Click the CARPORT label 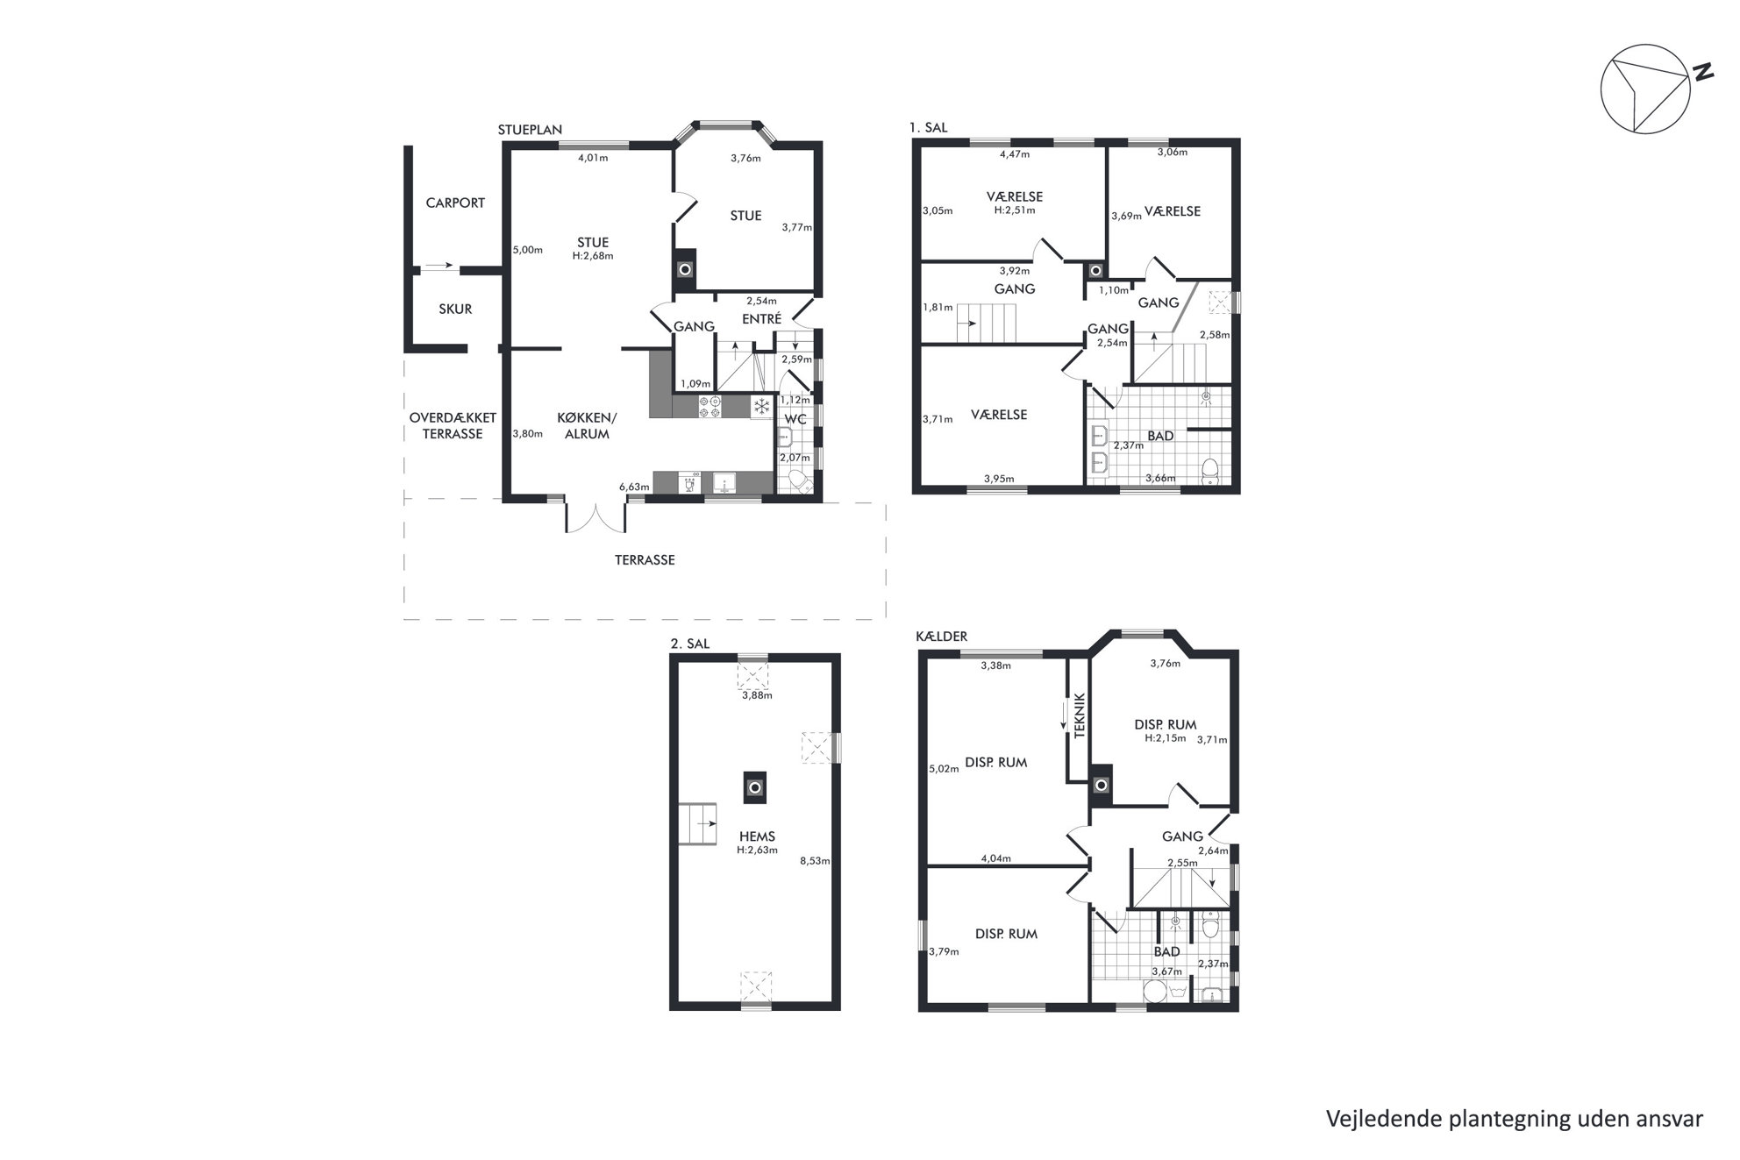pyautogui.click(x=455, y=203)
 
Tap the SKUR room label pyautogui.click(x=455, y=309)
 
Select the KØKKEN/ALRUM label pyautogui.click(x=587, y=425)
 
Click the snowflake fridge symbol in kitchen pyautogui.click(x=762, y=406)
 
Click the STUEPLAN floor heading pyautogui.click(x=530, y=130)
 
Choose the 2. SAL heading pyautogui.click(x=689, y=644)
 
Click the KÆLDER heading pyautogui.click(x=941, y=636)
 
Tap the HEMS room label pyautogui.click(x=757, y=836)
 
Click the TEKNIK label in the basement pyautogui.click(x=1080, y=715)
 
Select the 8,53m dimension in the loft pyautogui.click(x=815, y=861)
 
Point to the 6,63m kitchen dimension pyautogui.click(x=634, y=487)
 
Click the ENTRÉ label pyautogui.click(x=761, y=319)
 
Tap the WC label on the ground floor pyautogui.click(x=795, y=419)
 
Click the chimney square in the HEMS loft pyautogui.click(x=754, y=786)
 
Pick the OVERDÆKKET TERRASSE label pyautogui.click(x=453, y=425)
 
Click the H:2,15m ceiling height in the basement pyautogui.click(x=1165, y=738)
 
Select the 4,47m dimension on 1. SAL pyautogui.click(x=1015, y=154)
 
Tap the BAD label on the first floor pyautogui.click(x=1161, y=436)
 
